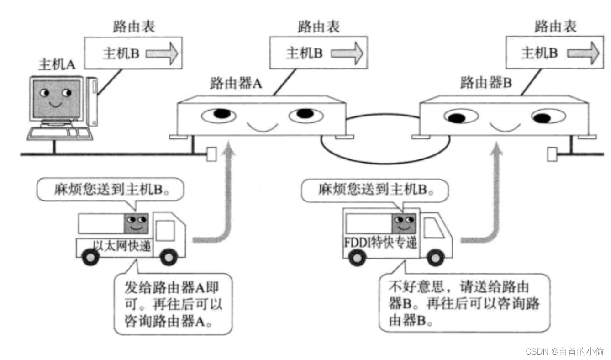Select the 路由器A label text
point(236,84)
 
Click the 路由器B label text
point(485,83)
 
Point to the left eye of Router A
point(219,115)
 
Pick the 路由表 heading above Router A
point(318,26)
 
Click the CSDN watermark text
point(564,351)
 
